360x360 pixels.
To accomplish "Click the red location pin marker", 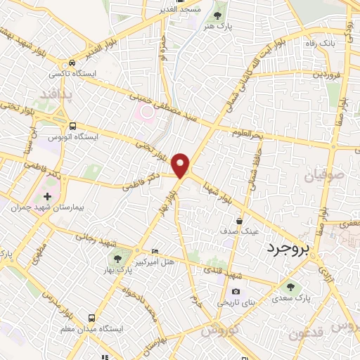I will (x=181, y=165).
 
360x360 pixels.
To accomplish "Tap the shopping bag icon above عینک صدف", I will (x=240, y=221).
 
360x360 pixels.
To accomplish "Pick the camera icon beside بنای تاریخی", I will (x=235, y=292).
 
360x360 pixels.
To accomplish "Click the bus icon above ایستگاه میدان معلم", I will (x=89, y=317).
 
